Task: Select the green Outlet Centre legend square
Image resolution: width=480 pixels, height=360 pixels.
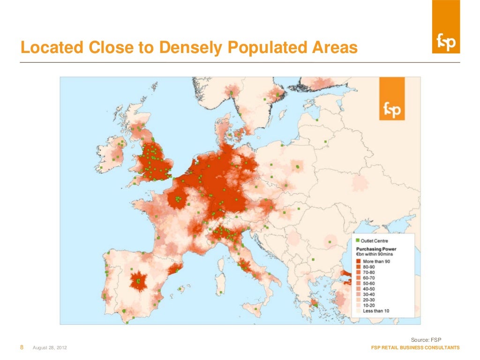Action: click(358, 240)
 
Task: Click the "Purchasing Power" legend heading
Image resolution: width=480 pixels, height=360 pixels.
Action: click(376, 249)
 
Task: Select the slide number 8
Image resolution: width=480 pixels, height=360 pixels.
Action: click(22, 347)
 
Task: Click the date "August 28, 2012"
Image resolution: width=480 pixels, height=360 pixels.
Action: click(49, 348)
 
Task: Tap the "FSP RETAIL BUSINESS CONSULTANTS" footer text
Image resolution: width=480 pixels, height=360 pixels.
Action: click(415, 348)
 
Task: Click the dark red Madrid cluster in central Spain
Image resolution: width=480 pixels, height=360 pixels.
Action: click(139, 282)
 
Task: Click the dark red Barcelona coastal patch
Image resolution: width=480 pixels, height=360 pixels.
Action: click(175, 269)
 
